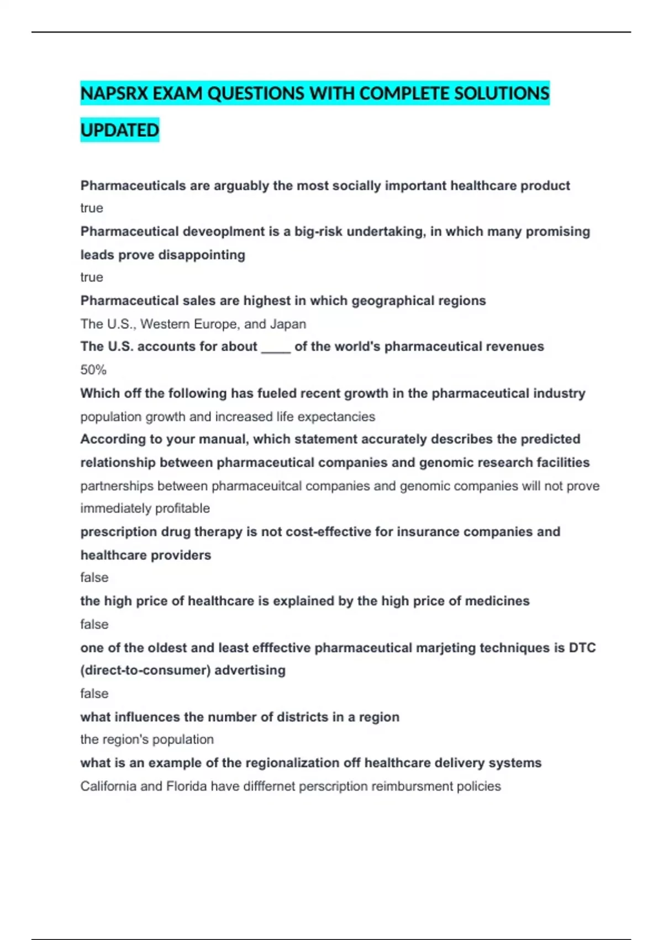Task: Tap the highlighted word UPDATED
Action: pyautogui.click(x=120, y=130)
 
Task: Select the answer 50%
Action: pyautogui.click(x=93, y=370)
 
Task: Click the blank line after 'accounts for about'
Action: pyautogui.click(x=276, y=348)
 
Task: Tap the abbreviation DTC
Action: pyautogui.click(x=582, y=648)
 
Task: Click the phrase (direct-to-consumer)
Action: pyautogui.click(x=145, y=671)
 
